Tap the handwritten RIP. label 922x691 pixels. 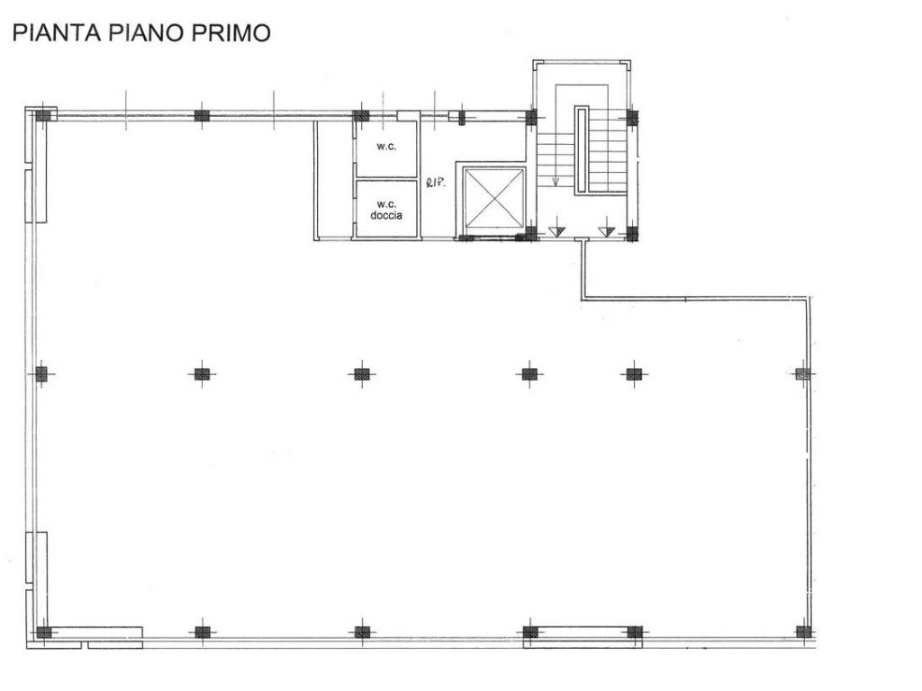(433, 184)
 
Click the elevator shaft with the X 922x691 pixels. (493, 199)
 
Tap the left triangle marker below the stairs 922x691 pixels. (556, 230)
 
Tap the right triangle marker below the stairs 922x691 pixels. (606, 230)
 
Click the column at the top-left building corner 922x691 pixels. (42, 115)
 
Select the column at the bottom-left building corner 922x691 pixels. (42, 632)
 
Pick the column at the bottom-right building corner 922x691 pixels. (803, 632)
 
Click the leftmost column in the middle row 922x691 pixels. (41, 374)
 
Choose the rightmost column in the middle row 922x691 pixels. (802, 373)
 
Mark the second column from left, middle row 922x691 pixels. (202, 374)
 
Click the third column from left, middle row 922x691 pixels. (361, 374)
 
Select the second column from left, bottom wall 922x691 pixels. (202, 632)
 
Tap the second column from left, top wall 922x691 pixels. (202, 115)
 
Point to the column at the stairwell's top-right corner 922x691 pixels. (632, 117)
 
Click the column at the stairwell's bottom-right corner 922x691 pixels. (632, 233)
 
